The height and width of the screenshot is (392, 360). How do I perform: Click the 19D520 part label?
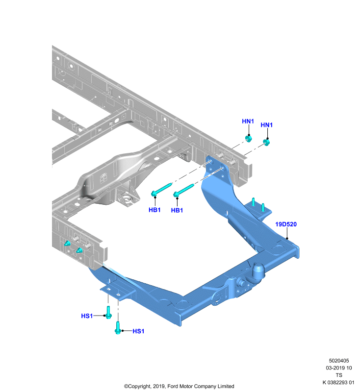click(286, 224)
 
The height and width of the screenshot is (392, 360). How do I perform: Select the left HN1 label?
click(248, 121)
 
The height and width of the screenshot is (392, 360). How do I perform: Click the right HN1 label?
click(266, 125)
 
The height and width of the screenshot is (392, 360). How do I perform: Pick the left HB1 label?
click(154, 210)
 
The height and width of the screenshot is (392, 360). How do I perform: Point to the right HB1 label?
click(177, 211)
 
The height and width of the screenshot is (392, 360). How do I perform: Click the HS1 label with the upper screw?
click(87, 316)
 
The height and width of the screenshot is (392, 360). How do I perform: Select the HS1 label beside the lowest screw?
click(138, 331)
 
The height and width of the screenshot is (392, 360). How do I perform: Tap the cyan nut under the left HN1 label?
click(249, 139)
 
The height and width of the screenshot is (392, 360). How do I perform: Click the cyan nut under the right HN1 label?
click(267, 143)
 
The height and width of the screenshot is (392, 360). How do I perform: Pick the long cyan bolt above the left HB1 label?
click(161, 190)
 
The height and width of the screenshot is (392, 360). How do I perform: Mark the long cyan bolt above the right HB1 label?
click(183, 190)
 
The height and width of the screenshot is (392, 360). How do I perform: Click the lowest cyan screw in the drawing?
click(118, 328)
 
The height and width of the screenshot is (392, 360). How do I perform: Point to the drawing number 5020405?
click(339, 361)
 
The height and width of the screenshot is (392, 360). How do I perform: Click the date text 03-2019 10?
click(339, 368)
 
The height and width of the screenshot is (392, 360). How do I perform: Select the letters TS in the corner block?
click(339, 375)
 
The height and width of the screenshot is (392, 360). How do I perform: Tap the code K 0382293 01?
click(338, 383)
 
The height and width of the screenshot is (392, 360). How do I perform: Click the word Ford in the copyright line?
click(173, 386)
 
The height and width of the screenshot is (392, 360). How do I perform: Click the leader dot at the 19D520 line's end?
click(287, 239)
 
